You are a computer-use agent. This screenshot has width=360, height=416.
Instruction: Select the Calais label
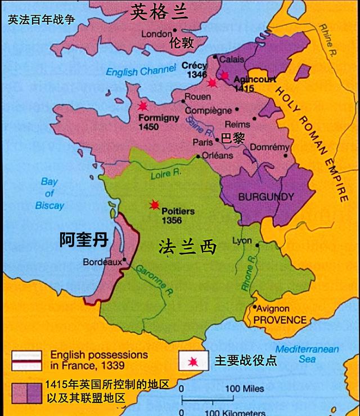point(232,59)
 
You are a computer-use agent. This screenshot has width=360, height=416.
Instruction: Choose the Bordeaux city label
point(102,262)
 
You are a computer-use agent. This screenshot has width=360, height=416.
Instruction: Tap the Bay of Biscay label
point(49,194)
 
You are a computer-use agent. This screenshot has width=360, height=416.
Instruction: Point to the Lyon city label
point(242,241)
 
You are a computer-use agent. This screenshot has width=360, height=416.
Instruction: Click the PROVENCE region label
point(280,320)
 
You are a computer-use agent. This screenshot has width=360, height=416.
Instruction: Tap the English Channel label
point(133,71)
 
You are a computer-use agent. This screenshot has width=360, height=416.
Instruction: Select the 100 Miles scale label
point(245,388)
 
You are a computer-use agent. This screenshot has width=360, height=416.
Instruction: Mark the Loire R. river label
point(165,175)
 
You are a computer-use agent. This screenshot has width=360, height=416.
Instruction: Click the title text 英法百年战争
point(42,20)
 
